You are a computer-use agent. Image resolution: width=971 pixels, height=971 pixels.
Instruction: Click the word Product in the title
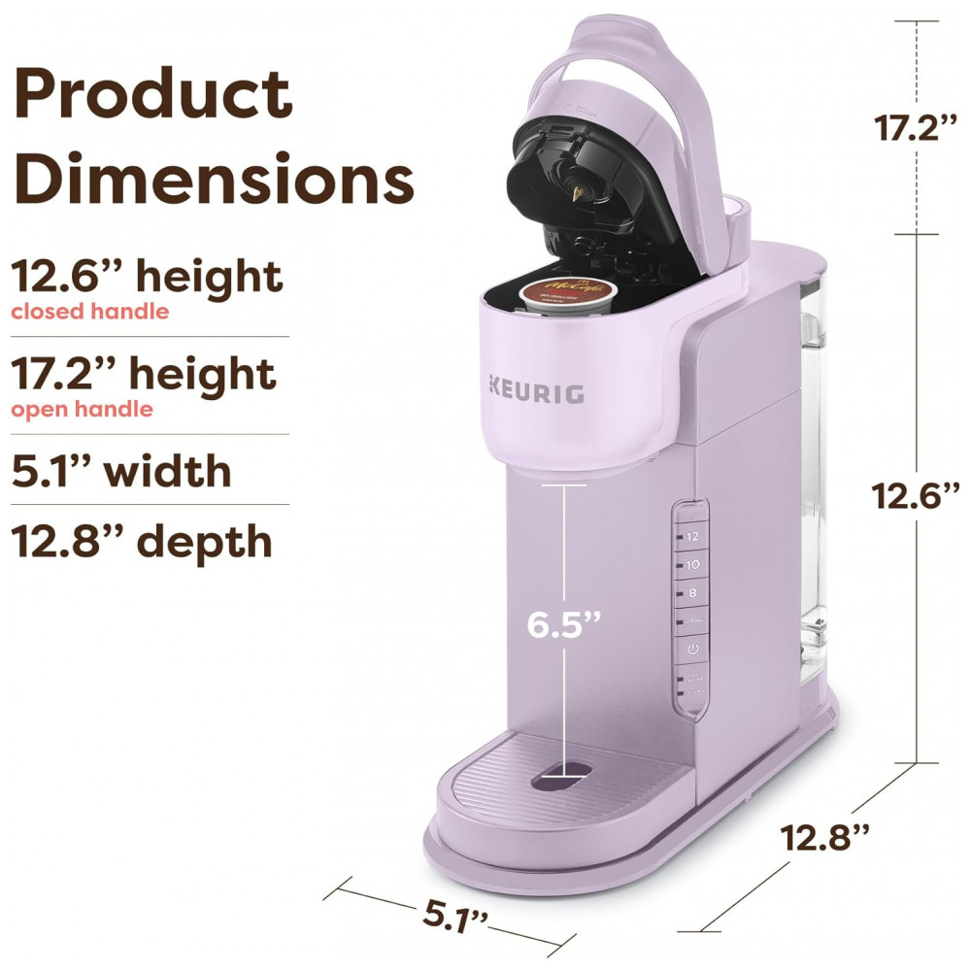(x=152, y=95)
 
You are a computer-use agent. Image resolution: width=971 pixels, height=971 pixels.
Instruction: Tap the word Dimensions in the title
(x=214, y=179)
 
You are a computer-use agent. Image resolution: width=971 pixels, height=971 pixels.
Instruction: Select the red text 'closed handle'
(x=89, y=312)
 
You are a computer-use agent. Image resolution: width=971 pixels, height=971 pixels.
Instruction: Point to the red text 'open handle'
(x=82, y=409)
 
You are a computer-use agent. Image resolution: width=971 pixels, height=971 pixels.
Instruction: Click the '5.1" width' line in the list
(x=121, y=471)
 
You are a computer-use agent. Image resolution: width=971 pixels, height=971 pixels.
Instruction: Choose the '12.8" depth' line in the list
(x=142, y=541)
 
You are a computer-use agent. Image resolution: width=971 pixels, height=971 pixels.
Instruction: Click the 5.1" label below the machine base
(x=455, y=915)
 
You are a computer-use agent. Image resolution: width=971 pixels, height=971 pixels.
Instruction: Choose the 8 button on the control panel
(x=692, y=591)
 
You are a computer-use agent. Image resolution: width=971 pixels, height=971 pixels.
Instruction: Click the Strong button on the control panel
(x=692, y=619)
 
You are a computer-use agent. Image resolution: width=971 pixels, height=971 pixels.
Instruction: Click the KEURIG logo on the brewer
(x=536, y=394)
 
